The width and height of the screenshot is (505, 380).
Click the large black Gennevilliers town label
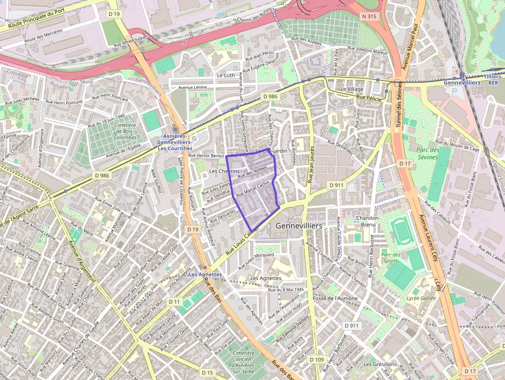[299, 226]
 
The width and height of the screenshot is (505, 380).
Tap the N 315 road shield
[369, 16]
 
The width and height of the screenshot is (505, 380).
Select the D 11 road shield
[175, 302]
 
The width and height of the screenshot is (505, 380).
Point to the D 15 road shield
[207, 372]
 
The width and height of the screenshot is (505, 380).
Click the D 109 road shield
[318, 359]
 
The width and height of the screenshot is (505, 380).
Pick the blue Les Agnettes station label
[205, 274]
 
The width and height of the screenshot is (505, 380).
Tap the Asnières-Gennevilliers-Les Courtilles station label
[175, 142]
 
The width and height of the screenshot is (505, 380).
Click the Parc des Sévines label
[427, 153]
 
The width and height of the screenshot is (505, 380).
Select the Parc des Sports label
[391, 257]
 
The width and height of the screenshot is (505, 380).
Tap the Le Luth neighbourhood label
[226, 75]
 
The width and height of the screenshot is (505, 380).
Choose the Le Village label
[351, 89]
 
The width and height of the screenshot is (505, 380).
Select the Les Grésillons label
[380, 364]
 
